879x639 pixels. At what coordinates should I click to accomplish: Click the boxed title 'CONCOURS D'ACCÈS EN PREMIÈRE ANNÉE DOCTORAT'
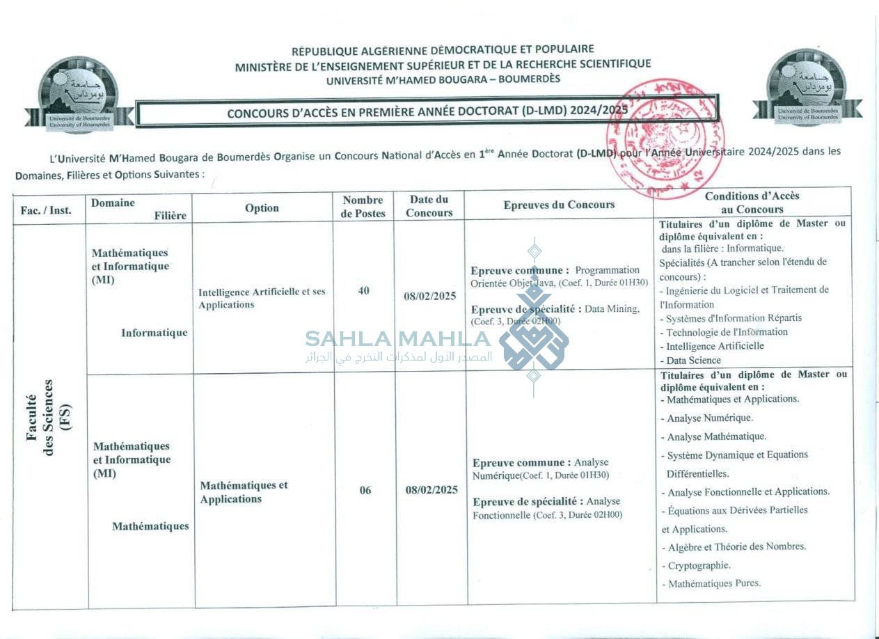point(427,111)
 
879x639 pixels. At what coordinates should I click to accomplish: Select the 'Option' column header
point(262,208)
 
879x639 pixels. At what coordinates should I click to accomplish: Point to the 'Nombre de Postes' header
point(363,207)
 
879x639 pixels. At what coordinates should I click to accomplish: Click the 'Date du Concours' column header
point(429,206)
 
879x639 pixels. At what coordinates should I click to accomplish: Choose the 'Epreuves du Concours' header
point(559,205)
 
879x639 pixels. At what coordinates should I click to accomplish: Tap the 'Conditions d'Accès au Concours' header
point(752,203)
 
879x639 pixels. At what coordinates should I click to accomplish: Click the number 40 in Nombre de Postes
point(363,291)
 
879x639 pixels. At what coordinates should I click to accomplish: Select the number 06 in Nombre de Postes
point(365,490)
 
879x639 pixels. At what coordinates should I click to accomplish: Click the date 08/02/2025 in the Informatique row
point(430,296)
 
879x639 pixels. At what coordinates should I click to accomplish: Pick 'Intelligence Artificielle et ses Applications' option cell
point(262,298)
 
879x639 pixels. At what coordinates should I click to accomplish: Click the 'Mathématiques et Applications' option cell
point(244,492)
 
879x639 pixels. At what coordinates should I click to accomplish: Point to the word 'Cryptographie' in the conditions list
point(699,566)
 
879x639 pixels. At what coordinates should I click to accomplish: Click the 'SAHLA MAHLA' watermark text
point(397,340)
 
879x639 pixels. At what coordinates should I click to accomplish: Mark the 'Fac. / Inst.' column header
point(47,210)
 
